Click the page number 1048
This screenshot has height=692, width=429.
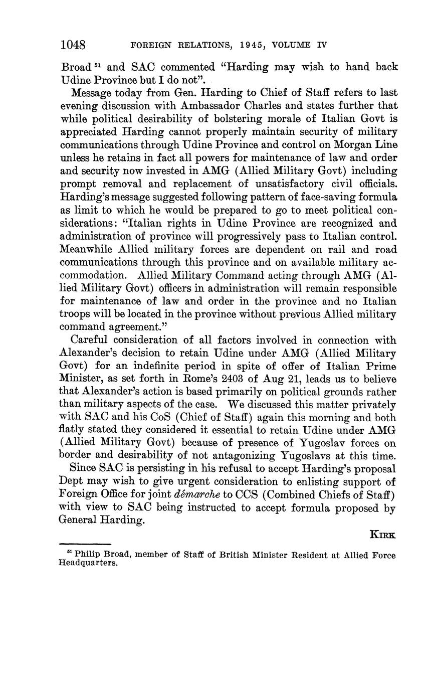pos(73,45)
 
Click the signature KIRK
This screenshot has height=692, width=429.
pos(382,535)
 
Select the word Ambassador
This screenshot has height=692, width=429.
pos(238,106)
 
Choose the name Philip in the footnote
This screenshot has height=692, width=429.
pos(86,556)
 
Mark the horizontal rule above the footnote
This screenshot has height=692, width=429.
pos(85,544)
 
